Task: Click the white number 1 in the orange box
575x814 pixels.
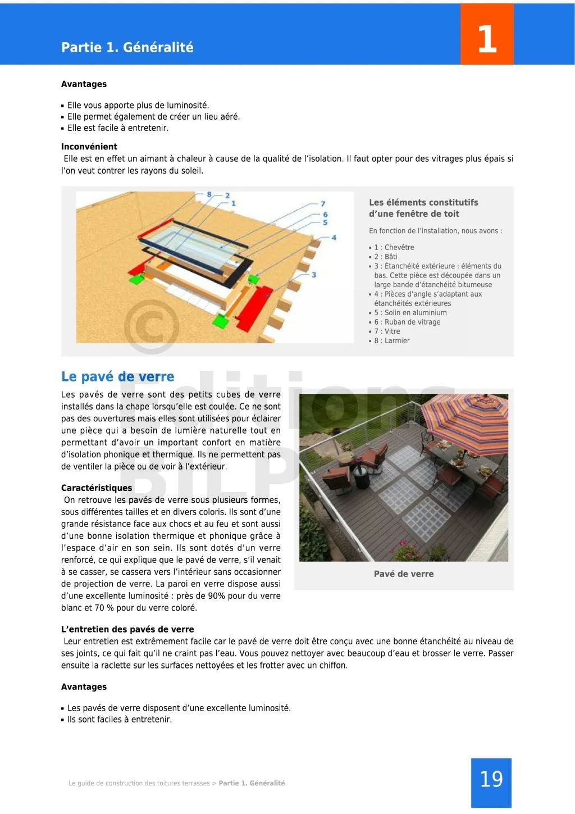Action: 487,39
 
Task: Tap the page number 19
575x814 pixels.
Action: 491,779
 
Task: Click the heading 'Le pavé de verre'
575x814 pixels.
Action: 117,376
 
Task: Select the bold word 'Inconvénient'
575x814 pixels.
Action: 89,147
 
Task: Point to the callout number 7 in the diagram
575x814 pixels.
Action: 323,203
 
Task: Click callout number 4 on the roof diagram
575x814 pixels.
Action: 334,238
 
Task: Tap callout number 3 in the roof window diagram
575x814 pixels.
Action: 314,275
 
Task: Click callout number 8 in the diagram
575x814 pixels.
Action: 209,195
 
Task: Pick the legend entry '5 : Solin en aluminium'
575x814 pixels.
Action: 410,313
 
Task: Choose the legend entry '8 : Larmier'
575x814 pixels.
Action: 392,340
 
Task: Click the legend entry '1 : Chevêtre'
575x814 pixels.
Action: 394,247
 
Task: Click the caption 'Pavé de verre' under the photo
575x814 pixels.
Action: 404,574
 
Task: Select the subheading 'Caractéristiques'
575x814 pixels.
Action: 97,488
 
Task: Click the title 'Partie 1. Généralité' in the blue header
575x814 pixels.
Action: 127,47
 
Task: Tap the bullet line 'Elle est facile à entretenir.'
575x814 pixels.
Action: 117,128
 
